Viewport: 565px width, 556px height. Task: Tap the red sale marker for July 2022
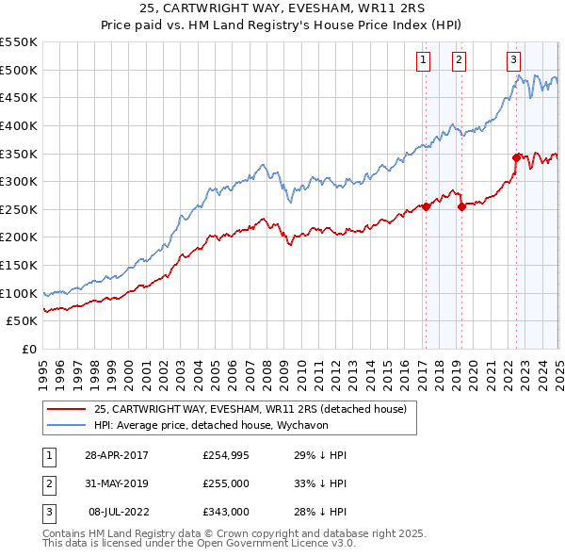pos(516,157)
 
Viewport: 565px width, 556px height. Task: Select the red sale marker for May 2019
pos(461,206)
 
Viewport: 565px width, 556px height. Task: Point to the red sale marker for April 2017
pos(426,206)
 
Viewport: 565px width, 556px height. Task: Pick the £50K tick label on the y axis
pos(23,321)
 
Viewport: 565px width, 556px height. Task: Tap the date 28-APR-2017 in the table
pos(116,455)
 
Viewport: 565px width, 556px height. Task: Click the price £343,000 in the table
pos(226,512)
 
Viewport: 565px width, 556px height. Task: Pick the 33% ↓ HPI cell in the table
pos(320,483)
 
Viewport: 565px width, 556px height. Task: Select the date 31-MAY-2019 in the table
pos(116,483)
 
